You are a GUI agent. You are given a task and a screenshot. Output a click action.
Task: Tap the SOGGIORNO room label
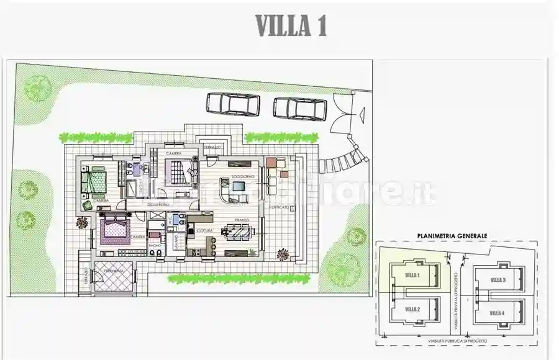[x=240, y=178]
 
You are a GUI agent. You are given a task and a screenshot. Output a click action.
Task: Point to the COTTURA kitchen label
[x=205, y=230]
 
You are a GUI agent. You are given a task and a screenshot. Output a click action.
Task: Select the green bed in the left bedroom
[x=96, y=181]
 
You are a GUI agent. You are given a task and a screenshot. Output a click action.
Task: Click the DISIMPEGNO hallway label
[x=158, y=204]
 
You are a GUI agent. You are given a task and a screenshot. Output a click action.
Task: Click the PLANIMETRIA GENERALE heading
[x=452, y=236]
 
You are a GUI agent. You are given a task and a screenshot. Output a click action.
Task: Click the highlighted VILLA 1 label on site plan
[x=412, y=274]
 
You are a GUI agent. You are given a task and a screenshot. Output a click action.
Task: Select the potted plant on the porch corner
[x=283, y=253]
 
